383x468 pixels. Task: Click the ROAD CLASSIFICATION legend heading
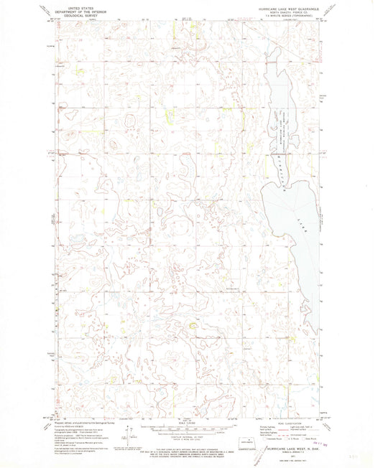pyautogui.click(x=283, y=422)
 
